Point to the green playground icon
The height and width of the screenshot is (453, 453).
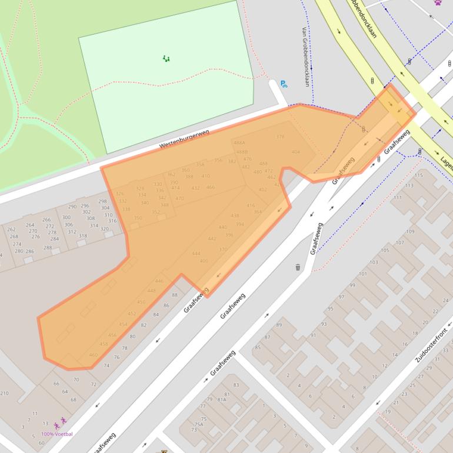click(166, 58)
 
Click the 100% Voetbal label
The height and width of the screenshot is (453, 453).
click(56, 434)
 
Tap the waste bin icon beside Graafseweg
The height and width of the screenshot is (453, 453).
click(298, 268)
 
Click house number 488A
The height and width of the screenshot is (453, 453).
click(239, 143)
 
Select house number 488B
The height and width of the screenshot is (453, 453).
click(242, 152)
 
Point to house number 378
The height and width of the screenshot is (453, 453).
click(280, 136)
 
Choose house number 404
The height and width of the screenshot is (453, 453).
click(295, 152)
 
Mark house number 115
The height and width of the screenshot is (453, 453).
click(418, 175)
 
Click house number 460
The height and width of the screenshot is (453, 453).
click(93, 355)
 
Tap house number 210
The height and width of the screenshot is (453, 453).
click(4, 393)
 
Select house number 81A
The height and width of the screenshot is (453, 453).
click(222, 399)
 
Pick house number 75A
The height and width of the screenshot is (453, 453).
click(199, 424)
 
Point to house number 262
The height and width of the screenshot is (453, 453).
click(12, 229)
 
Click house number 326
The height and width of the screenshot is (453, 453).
click(120, 194)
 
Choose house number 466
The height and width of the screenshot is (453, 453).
click(210, 187)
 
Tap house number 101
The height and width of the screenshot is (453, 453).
click(362, 274)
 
